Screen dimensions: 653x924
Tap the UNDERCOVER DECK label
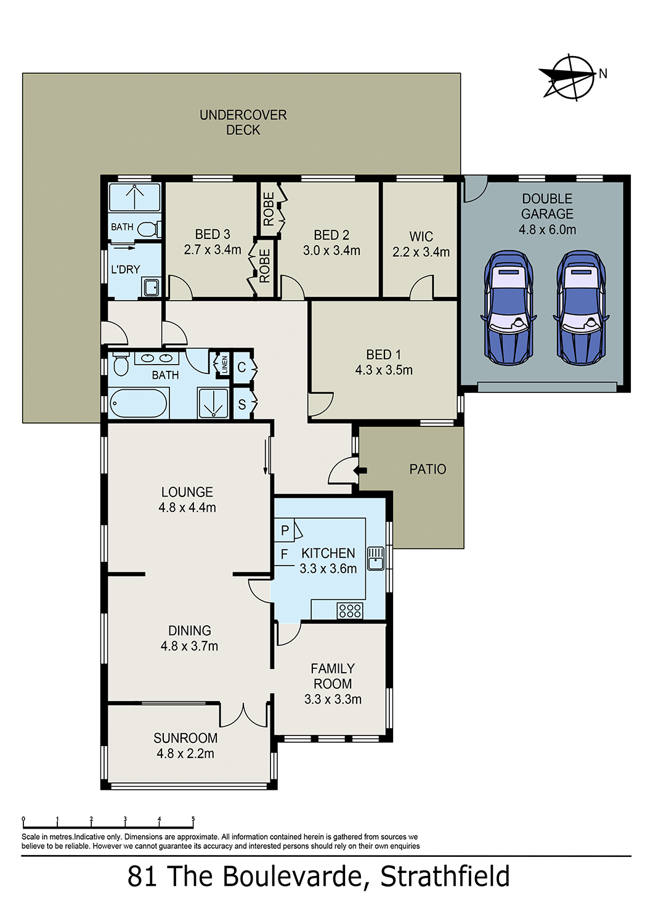click(243, 122)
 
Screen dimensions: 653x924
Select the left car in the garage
click(508, 307)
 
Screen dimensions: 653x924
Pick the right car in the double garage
click(581, 307)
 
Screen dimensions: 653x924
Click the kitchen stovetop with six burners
click(350, 610)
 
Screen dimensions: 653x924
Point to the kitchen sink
click(375, 559)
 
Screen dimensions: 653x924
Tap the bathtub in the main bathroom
click(139, 403)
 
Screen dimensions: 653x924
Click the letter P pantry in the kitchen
click(285, 530)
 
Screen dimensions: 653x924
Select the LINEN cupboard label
click(224, 365)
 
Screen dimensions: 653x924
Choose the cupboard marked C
click(241, 367)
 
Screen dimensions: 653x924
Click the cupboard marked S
click(241, 404)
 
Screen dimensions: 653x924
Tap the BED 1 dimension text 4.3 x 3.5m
click(384, 370)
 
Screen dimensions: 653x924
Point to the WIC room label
click(421, 237)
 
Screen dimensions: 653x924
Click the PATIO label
click(428, 469)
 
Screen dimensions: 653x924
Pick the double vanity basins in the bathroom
click(156, 358)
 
